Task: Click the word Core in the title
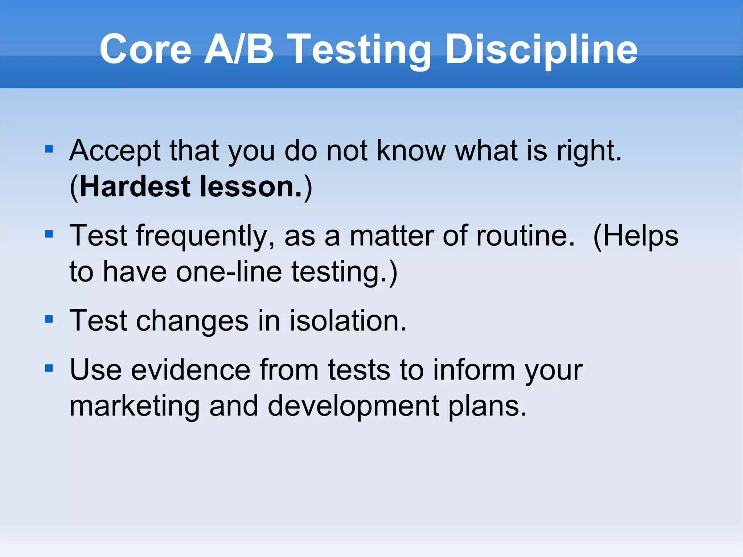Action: [145, 50]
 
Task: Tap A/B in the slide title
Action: [238, 50]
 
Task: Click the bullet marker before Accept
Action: [49, 149]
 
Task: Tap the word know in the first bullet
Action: [411, 151]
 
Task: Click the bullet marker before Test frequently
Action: [49, 234]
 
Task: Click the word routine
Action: [525, 236]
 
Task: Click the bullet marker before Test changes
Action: [49, 319]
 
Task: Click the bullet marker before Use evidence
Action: [49, 369]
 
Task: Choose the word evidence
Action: [190, 370]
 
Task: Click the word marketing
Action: [135, 406]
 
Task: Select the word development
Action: [353, 406]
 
